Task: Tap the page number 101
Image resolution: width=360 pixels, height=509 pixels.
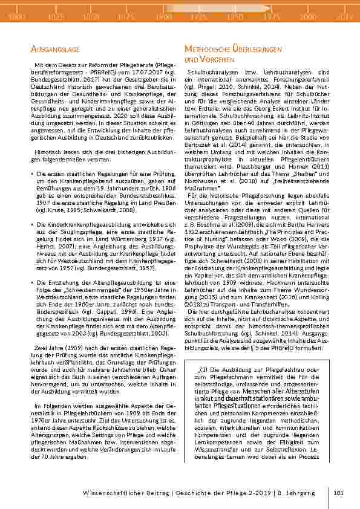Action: coord(338,493)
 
